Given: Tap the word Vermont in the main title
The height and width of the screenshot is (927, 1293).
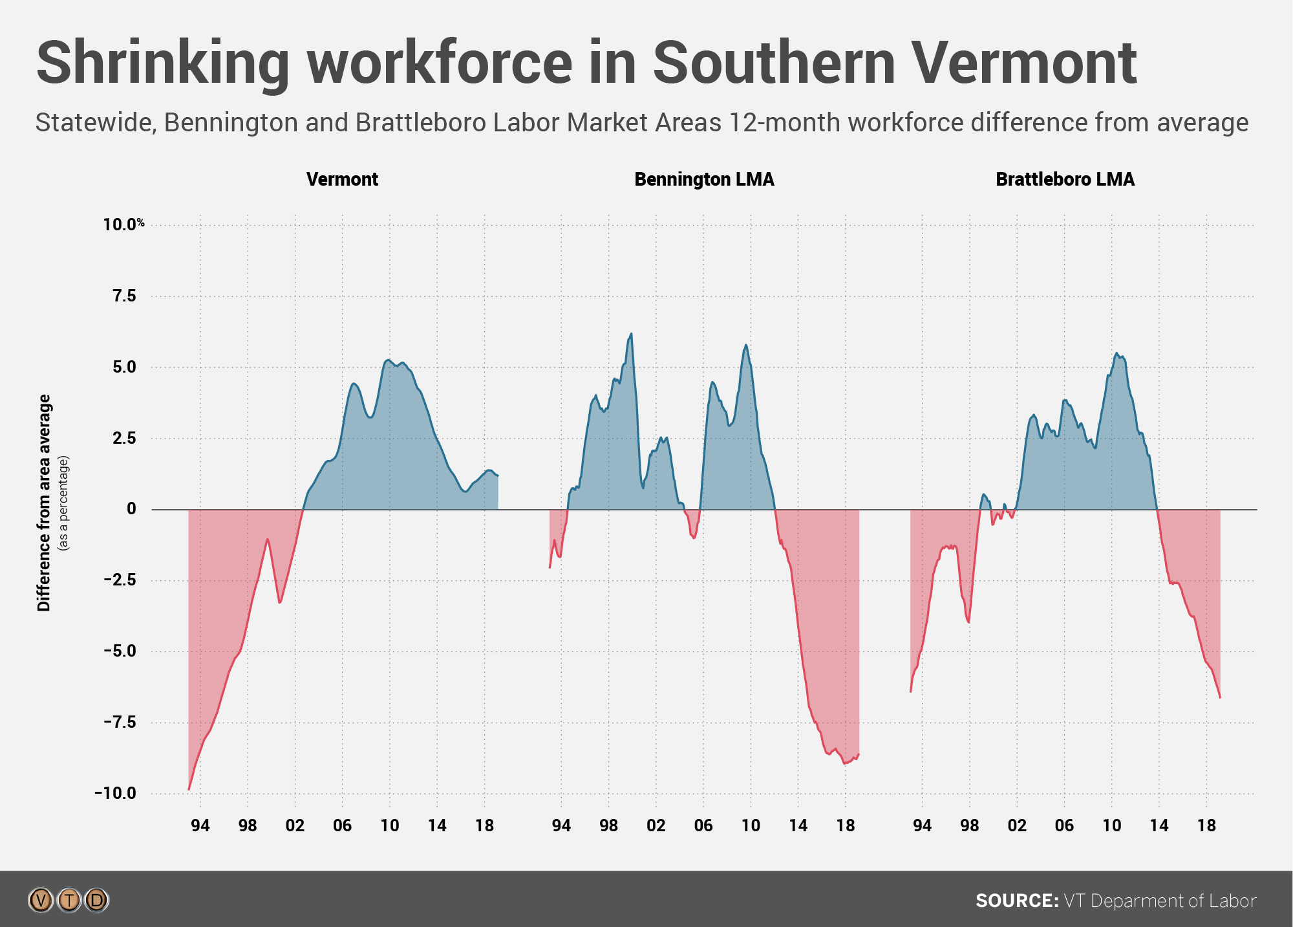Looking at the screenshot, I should point(1023,63).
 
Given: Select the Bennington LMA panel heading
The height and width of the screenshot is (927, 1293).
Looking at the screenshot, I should point(704,179).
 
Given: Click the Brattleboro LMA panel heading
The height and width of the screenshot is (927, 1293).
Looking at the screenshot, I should point(1065,179).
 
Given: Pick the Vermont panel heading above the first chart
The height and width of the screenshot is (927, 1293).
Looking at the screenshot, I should point(342,179).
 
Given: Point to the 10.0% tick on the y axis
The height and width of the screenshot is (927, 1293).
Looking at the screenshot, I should point(123,224).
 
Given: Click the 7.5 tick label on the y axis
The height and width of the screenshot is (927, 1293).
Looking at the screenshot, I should point(124,296).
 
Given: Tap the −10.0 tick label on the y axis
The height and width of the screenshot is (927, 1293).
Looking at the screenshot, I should point(116,793).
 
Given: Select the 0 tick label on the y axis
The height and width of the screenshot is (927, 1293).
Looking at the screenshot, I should point(131,509).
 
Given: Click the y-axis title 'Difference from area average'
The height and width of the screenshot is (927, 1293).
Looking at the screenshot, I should point(44,503).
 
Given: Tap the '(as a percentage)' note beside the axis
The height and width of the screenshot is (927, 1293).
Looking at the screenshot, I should point(63,503).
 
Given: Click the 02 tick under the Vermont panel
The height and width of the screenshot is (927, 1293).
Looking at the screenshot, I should point(295,825).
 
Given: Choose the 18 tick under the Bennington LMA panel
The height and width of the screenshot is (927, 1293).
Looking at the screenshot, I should point(845,825).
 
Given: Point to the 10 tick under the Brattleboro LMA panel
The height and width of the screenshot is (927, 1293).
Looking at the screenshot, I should point(1111,825).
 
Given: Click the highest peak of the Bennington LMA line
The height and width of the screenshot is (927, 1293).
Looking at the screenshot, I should point(631,334).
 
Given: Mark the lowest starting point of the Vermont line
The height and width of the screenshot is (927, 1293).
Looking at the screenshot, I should point(189,789).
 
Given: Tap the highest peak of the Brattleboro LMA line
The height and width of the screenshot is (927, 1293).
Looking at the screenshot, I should point(1117,353).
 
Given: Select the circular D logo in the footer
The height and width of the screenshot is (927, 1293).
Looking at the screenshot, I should point(97,900).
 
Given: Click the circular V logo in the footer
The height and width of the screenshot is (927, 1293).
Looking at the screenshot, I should point(41,900).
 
